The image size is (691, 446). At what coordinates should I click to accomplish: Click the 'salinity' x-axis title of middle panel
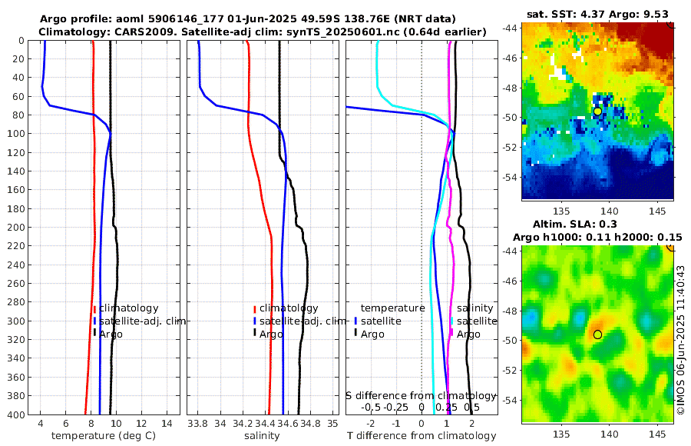click(x=261, y=436)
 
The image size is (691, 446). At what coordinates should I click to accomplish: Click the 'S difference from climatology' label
click(x=421, y=395)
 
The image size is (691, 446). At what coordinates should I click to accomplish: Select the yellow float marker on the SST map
click(x=597, y=111)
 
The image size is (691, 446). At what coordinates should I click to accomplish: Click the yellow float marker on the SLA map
click(x=597, y=334)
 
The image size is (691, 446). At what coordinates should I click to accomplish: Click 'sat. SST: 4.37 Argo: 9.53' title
click(x=597, y=15)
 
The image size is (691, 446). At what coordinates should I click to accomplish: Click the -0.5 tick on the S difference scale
click(x=371, y=407)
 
